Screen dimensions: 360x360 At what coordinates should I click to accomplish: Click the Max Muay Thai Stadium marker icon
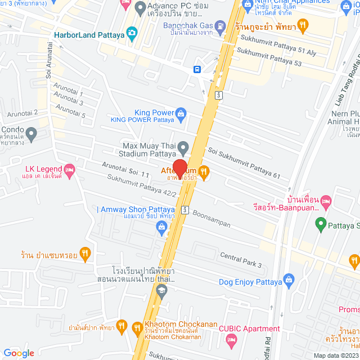click(x=183, y=149)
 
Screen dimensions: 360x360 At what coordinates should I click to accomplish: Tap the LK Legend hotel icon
click(x=70, y=169)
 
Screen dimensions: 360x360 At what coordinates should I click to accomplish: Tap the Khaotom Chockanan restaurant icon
click(x=137, y=328)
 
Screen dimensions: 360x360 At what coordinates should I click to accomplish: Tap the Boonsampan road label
click(x=211, y=219)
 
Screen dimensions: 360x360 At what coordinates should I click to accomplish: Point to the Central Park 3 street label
click(x=241, y=259)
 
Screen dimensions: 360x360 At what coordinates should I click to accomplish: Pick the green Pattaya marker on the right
click(x=321, y=226)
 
